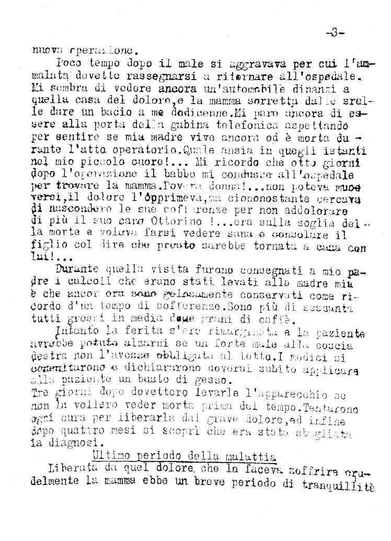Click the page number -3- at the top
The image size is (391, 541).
(x=335, y=33)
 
